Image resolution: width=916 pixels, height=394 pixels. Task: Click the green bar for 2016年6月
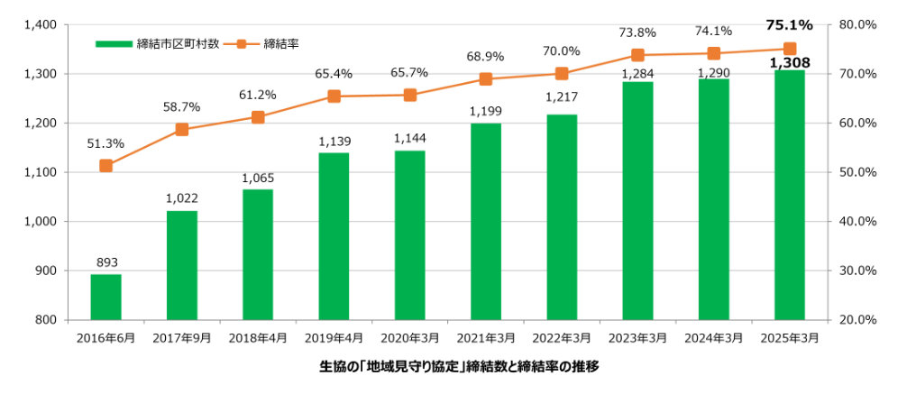click(105, 297)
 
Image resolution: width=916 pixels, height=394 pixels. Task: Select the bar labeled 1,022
click(182, 265)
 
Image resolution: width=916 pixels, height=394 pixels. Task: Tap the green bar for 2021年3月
click(486, 221)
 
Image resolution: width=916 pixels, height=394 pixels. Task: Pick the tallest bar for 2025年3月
click(790, 194)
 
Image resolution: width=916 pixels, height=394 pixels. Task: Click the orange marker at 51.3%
click(105, 165)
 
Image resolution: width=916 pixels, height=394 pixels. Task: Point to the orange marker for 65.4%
click(334, 96)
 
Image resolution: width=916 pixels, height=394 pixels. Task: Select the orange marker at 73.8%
click(637, 55)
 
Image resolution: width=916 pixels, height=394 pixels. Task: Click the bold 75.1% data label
click(790, 25)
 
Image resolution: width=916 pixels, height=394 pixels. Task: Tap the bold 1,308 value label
click(790, 63)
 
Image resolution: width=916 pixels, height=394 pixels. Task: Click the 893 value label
click(105, 262)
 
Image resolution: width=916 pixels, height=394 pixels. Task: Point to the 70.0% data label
click(562, 51)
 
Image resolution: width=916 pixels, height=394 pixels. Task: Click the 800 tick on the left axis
click(48, 320)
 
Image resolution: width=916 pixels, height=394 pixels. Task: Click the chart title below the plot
click(459, 367)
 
